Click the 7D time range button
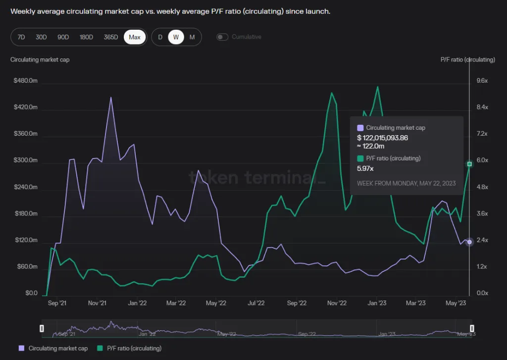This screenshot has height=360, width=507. point(21,37)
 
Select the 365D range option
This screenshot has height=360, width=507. point(111,37)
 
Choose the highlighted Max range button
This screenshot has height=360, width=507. point(135,37)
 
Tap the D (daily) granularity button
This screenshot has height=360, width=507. point(160,37)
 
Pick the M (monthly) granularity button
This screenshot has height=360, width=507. point(192,37)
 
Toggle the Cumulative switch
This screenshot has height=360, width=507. point(223,37)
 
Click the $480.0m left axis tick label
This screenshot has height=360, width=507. point(26,81)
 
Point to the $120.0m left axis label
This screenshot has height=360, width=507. point(26,240)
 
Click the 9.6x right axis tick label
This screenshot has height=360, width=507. point(482,81)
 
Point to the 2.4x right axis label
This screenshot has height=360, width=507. point(482,240)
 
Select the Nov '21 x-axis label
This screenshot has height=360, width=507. point(98,303)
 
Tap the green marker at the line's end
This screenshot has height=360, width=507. point(469,164)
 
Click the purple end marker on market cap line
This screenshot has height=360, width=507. point(469,242)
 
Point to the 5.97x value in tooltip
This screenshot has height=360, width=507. point(365,169)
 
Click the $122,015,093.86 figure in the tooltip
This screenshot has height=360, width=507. point(382,138)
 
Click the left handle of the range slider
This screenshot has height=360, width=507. point(42,328)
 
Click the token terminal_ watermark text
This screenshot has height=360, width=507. point(257,177)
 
